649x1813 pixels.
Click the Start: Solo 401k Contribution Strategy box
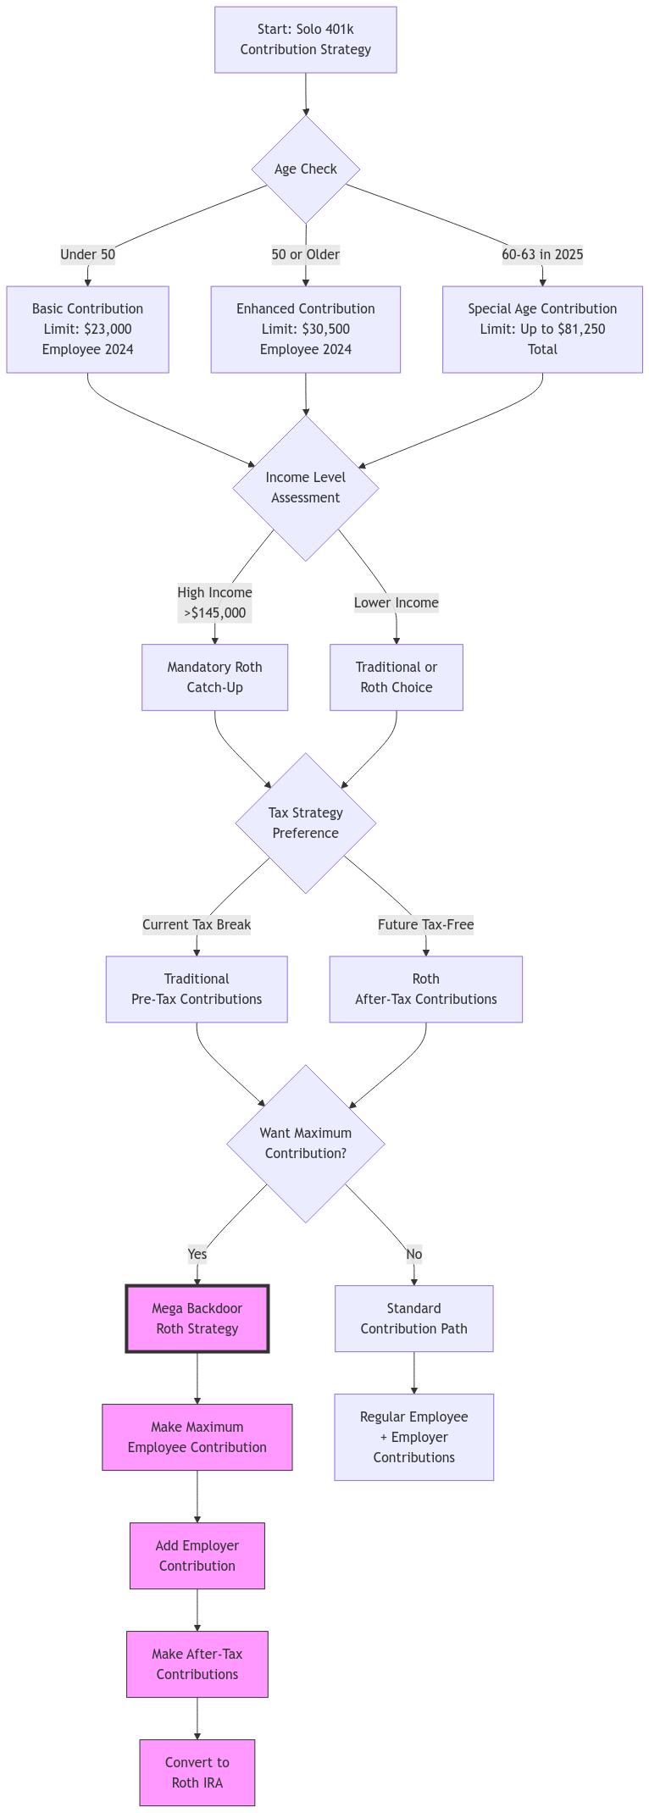tap(305, 40)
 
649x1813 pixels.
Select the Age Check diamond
tap(305, 169)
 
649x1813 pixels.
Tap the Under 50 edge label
tap(87, 254)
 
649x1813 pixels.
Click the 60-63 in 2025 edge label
tap(542, 254)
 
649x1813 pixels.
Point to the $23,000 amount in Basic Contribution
tap(108, 329)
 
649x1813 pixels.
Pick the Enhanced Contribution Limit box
tap(305, 329)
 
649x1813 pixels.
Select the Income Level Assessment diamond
tap(305, 488)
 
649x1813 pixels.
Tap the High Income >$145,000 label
tap(214, 602)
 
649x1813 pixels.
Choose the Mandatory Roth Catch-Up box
tap(214, 677)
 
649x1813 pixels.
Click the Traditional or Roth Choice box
tap(396, 677)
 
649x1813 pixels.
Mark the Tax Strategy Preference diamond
tap(305, 823)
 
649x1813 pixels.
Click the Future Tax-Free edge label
tap(425, 924)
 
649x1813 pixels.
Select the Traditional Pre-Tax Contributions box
tap(197, 989)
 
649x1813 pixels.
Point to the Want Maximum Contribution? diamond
tap(305, 1143)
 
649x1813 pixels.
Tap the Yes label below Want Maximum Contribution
tap(197, 1254)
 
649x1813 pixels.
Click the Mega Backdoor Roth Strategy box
tap(197, 1318)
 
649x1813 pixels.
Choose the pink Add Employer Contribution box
tap(197, 1555)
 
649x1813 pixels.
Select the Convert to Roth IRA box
tap(197, 1772)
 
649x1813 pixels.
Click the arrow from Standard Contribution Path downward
tap(413, 1372)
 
